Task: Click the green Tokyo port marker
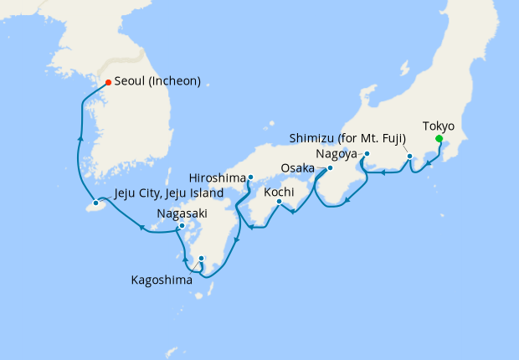point(439,140)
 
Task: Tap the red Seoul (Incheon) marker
point(108,82)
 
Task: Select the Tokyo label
point(439,126)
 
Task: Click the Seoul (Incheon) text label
point(158,82)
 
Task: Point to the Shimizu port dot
point(409,157)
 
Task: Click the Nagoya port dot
point(366,153)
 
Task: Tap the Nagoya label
point(337,154)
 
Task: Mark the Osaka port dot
point(330,167)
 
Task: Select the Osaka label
point(297,168)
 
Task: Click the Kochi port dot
point(278,201)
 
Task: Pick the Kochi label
point(279,192)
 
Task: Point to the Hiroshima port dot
point(250,177)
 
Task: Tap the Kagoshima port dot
point(201,258)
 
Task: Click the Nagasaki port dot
point(182,226)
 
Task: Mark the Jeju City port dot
point(96,203)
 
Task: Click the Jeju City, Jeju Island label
point(168,193)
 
